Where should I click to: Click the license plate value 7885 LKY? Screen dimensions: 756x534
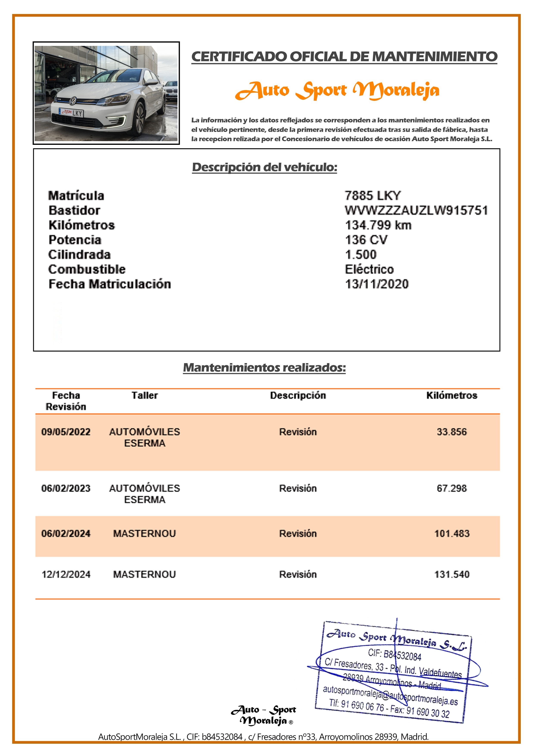tap(373, 196)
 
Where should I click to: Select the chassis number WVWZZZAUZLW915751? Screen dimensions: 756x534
tap(416, 210)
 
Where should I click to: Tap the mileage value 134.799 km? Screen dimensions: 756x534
tap(378, 225)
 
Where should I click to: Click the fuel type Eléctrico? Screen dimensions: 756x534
tap(369, 269)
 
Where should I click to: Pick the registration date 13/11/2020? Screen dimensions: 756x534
tap(377, 284)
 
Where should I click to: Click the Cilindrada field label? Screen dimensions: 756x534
tap(79, 255)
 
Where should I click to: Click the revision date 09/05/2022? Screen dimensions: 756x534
tap(66, 432)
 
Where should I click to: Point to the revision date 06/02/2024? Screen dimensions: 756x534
tap(66, 533)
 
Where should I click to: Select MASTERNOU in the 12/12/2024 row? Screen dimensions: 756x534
tap(144, 574)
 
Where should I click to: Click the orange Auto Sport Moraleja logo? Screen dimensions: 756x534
tap(337, 91)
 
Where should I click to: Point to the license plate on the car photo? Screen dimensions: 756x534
tap(72, 113)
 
